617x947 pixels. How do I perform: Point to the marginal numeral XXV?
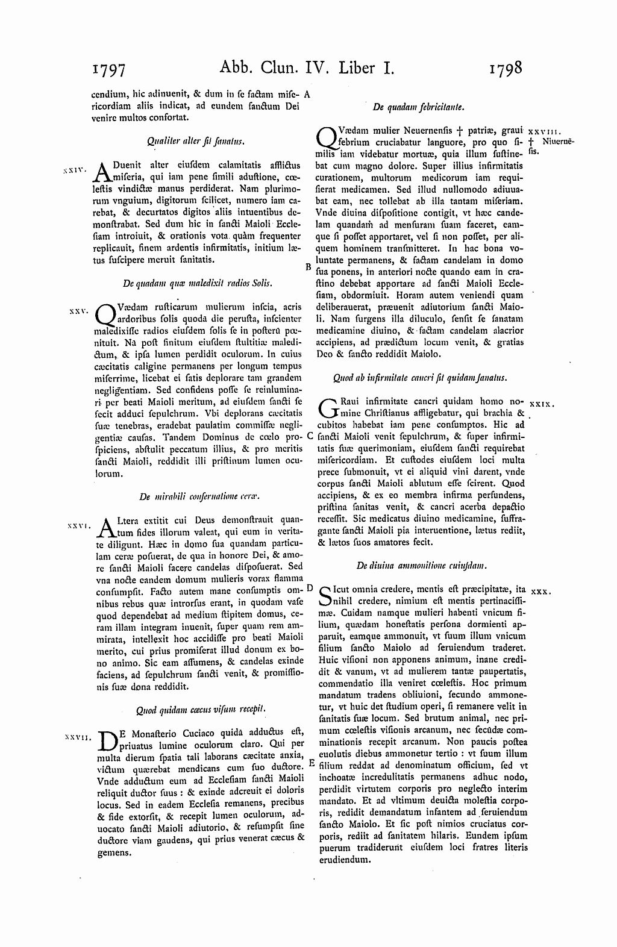tap(79, 311)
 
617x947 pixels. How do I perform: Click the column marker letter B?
tap(307, 266)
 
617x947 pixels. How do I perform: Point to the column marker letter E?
tap(312, 763)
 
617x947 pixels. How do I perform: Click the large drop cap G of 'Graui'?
tap(326, 408)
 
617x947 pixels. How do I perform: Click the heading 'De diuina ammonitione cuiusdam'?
tap(422, 566)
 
